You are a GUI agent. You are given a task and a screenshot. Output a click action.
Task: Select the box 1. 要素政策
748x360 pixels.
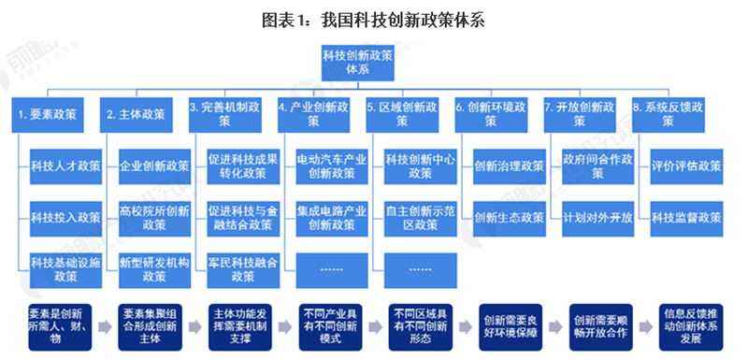[x=48, y=114]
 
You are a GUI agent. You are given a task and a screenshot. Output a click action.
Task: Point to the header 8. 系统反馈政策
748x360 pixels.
[x=669, y=114]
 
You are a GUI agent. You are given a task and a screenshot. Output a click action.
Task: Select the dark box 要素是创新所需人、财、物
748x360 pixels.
[x=57, y=325]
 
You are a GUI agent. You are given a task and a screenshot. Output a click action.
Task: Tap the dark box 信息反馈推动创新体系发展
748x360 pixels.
[x=689, y=325]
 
